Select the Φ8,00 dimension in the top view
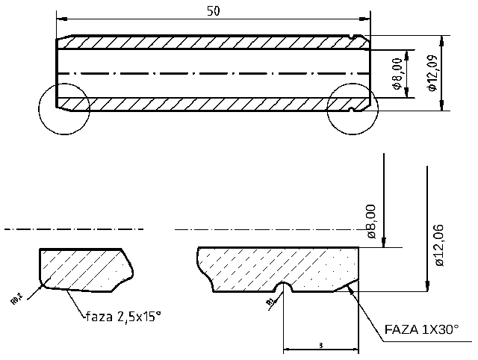coord(397,73)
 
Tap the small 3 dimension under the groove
coord(320,346)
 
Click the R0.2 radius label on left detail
coord(16,300)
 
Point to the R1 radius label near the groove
coord(268,301)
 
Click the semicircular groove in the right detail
coord(283,288)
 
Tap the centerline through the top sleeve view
coord(214,73)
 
